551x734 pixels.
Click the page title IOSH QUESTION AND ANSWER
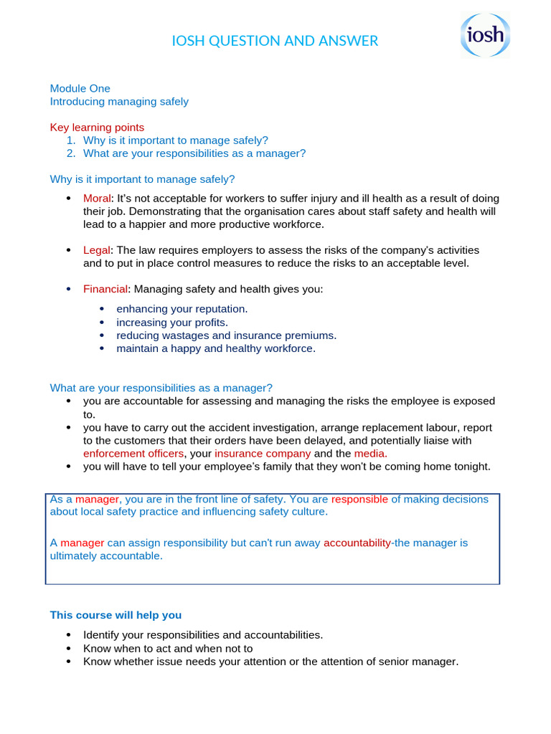[x=275, y=41]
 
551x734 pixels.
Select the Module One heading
[x=80, y=89]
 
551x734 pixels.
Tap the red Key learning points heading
[x=97, y=128]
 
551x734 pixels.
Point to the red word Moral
[x=97, y=199]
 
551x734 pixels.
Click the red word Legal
[x=97, y=250]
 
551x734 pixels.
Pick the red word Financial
[x=105, y=290]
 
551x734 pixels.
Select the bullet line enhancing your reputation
[x=182, y=309]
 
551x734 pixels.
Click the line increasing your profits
[x=172, y=323]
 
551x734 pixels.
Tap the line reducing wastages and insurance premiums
[x=226, y=335]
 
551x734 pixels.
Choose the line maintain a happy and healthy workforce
[x=216, y=349]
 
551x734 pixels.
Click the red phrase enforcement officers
[x=134, y=454]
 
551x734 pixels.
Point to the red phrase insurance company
[x=263, y=454]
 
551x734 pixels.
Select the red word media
[x=370, y=454]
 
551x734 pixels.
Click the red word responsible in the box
[x=359, y=499]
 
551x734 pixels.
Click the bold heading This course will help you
[x=116, y=615]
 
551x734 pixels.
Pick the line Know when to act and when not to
[x=168, y=649]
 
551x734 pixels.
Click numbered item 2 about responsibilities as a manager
[x=194, y=153]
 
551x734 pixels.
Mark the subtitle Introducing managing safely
[x=119, y=102]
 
